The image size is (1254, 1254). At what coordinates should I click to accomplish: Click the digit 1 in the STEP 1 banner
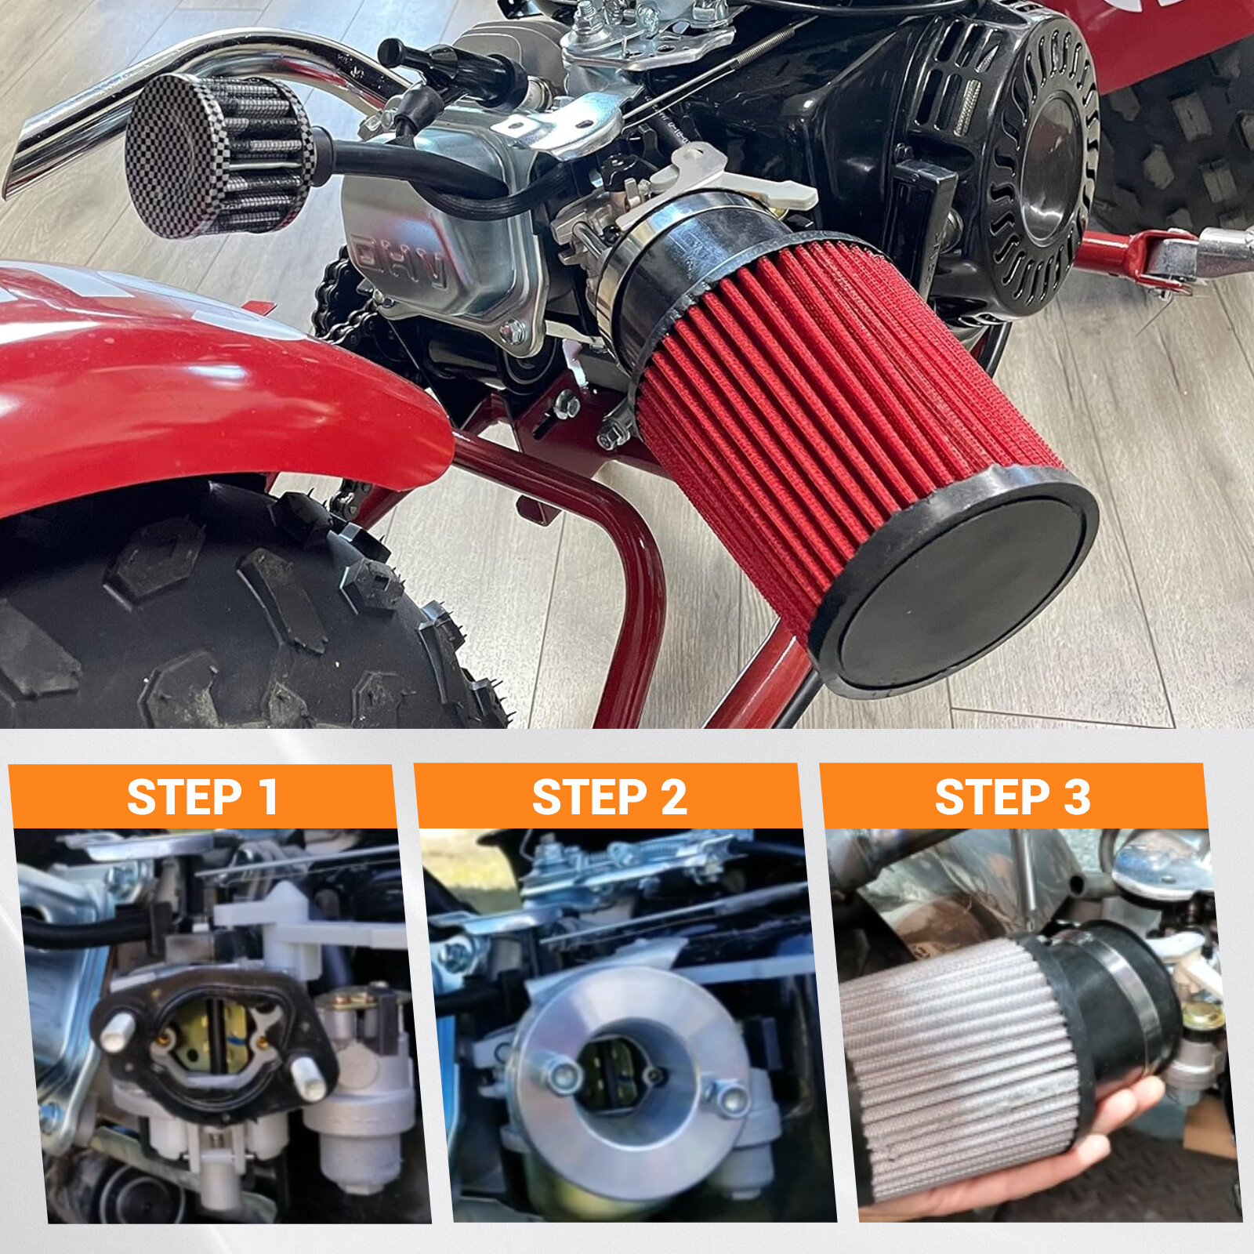coord(268,797)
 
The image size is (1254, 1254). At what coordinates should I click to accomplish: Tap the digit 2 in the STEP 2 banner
coord(673,797)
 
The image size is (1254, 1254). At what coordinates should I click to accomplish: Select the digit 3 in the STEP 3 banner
coord(1076,797)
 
